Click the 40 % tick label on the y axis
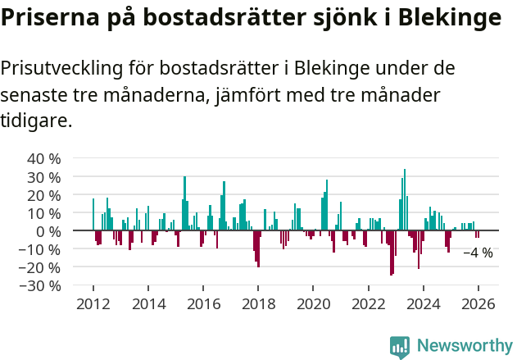tap(43, 158)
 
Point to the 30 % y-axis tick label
tap(43, 176)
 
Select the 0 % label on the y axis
tap(47, 231)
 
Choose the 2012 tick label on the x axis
tap(93, 303)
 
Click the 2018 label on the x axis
tap(258, 303)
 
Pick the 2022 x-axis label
tap(368, 303)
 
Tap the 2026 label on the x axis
tap(478, 303)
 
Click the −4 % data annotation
tap(478, 253)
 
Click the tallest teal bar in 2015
tap(184, 203)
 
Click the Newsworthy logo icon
tap(400, 347)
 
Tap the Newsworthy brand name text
tap(464, 347)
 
